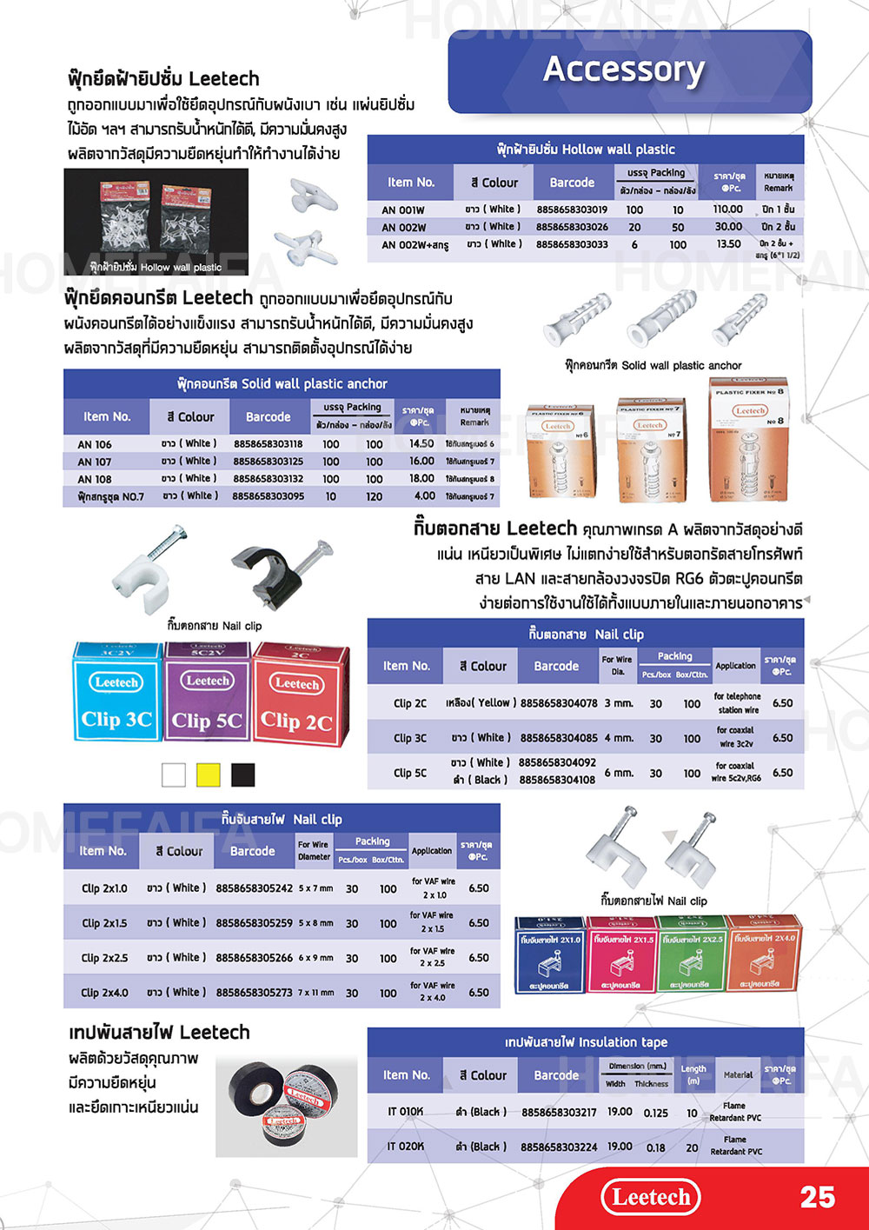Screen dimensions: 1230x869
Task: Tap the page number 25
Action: click(817, 1197)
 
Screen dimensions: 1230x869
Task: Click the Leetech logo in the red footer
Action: click(651, 1197)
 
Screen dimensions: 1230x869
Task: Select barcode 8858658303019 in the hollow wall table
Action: click(572, 209)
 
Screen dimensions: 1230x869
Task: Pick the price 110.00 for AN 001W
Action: click(727, 209)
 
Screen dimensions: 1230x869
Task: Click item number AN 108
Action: click(95, 479)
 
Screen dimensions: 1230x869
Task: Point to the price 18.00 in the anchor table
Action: click(421, 479)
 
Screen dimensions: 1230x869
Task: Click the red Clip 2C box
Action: click(298, 695)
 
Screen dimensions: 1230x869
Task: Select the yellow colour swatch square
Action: click(209, 775)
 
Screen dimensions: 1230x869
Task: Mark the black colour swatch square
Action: click(243, 775)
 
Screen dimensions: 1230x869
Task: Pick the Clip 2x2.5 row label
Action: click(104, 958)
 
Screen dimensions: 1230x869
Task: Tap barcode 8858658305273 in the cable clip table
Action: click(254, 993)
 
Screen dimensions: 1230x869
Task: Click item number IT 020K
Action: click(406, 1147)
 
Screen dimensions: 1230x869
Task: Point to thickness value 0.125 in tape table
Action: click(656, 1113)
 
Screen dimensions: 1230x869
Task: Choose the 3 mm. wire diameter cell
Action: click(619, 703)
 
